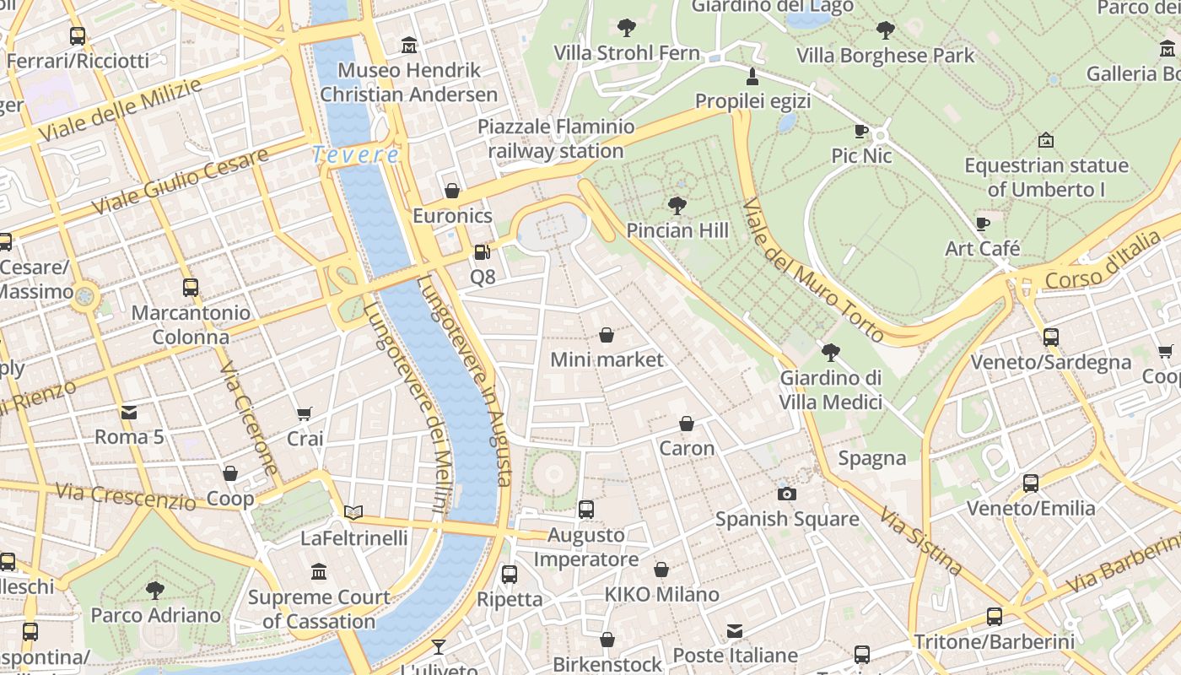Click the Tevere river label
[x=355, y=155]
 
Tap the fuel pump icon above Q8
[x=482, y=251]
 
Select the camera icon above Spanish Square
[x=786, y=494]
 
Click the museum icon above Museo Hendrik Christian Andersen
[x=409, y=45]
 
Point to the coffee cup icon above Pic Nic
[x=860, y=131]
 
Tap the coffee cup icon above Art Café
[x=982, y=224]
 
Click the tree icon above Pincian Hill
[x=677, y=205]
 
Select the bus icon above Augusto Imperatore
[x=586, y=510]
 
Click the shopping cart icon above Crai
[x=305, y=413]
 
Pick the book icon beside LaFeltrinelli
[x=353, y=512]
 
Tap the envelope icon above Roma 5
[x=129, y=412]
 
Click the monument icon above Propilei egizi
[x=752, y=77]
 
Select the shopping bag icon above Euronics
[x=452, y=191]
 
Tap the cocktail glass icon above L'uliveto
[x=439, y=647]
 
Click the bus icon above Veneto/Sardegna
[x=1050, y=337]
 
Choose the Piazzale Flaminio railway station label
[x=556, y=139]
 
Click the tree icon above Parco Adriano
[x=155, y=590]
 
